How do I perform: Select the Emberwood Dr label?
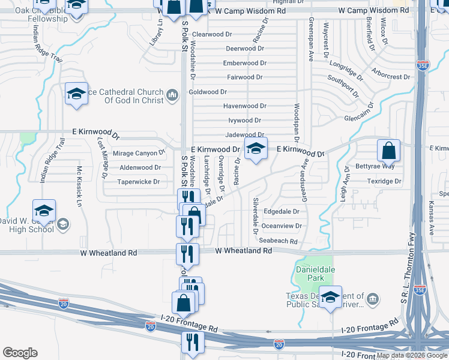[244, 63]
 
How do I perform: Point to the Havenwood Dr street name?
[244, 106]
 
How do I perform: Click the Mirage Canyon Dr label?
[134, 154]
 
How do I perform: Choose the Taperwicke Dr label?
[139, 182]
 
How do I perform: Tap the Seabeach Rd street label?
[278, 241]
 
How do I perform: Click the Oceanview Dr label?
[282, 226]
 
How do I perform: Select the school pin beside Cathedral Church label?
[76, 94]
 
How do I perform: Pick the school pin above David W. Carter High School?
[44, 211]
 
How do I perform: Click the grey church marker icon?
[172, 94]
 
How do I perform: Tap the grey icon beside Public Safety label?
[373, 299]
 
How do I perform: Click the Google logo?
[20, 353]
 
